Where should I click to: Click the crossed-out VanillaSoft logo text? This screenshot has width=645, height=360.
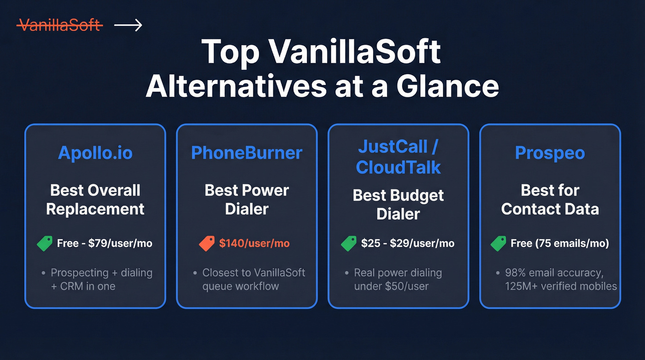[x=59, y=25]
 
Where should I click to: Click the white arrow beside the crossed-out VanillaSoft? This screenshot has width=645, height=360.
[x=128, y=25]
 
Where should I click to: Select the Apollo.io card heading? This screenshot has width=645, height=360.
[x=95, y=153]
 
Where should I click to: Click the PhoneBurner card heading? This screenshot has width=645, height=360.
[x=246, y=153]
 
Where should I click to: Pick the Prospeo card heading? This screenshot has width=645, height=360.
[x=550, y=153]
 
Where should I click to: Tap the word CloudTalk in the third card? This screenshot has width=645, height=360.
[x=399, y=167]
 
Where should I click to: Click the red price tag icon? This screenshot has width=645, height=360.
[x=207, y=243]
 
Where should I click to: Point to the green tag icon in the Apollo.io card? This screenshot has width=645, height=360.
[x=45, y=243]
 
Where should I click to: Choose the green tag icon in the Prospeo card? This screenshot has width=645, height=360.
[x=498, y=243]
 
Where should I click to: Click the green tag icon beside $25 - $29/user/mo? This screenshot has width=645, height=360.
[x=349, y=243]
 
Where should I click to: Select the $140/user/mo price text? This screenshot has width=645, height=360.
[x=254, y=243]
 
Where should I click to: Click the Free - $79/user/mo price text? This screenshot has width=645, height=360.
[x=105, y=243]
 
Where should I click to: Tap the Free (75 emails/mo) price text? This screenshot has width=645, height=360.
[x=560, y=243]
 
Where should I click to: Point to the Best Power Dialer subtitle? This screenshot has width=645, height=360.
[x=246, y=199]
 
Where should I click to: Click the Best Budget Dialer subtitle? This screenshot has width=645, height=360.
[x=399, y=204]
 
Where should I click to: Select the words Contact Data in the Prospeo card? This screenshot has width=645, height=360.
[x=550, y=209]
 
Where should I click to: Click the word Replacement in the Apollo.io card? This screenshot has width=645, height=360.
[x=95, y=209]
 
